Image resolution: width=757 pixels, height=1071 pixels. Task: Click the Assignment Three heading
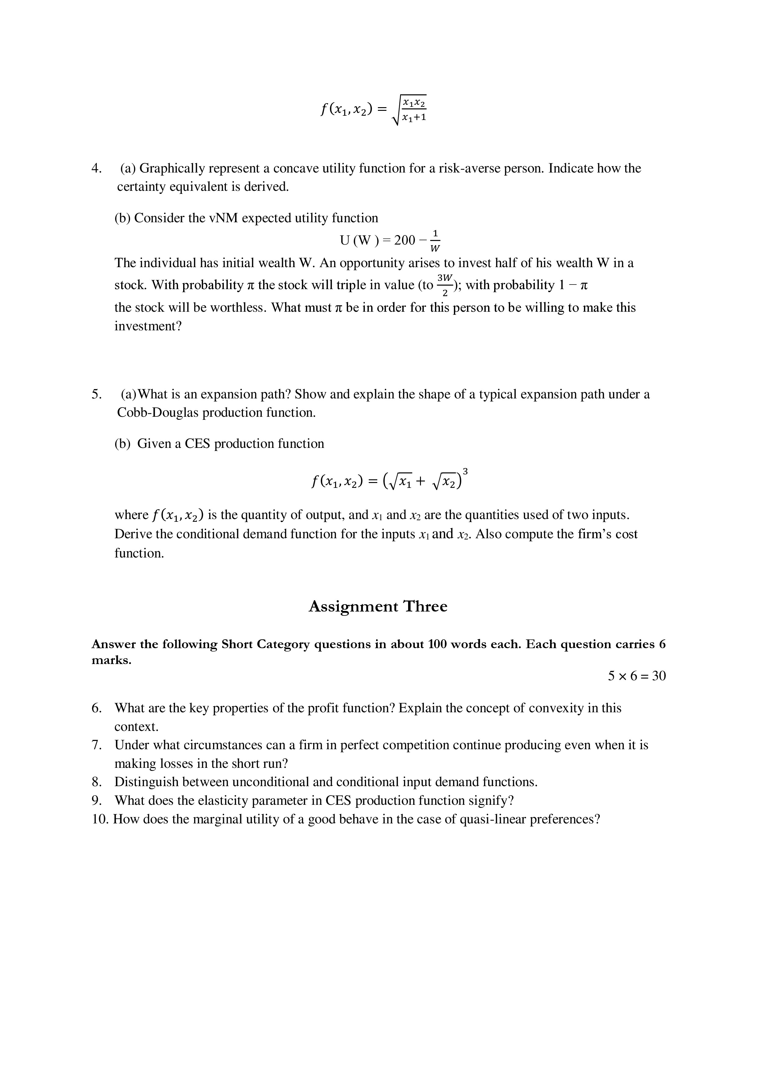pos(378,606)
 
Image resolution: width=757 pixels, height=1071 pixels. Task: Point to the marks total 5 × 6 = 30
pos(637,676)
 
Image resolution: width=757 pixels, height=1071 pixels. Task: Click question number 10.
pos(100,819)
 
